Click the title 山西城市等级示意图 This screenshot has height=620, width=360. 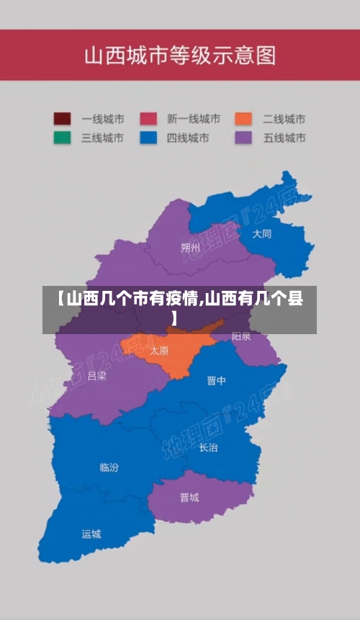(x=180, y=55)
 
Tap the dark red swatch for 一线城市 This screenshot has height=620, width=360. (x=62, y=119)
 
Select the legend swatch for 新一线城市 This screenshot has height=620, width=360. (x=148, y=119)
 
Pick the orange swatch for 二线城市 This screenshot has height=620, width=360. (x=243, y=119)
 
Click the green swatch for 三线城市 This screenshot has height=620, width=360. (x=62, y=138)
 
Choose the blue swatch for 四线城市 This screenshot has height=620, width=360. (x=148, y=138)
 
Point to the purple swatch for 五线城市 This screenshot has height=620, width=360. (x=243, y=138)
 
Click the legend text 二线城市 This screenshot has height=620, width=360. (x=284, y=119)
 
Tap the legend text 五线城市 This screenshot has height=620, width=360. (x=284, y=138)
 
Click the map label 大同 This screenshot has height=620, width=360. (x=262, y=234)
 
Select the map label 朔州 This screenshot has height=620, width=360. (x=191, y=248)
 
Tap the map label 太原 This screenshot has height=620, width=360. (x=159, y=351)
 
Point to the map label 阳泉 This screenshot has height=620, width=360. (x=241, y=336)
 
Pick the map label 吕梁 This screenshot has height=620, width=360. (x=96, y=376)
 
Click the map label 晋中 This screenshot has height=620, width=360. (x=217, y=380)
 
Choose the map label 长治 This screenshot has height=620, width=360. (x=208, y=447)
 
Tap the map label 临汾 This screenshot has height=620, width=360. (x=109, y=467)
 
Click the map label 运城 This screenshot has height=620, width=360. (x=91, y=534)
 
